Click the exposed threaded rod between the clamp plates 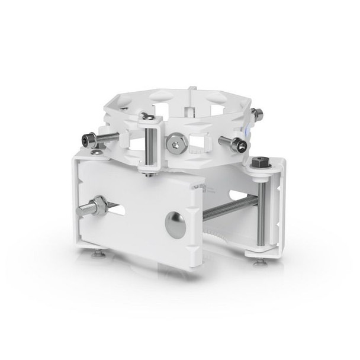point(231,208)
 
